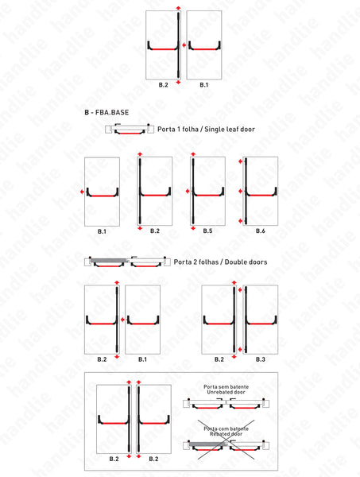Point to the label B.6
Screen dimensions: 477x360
pyautogui.click(x=260, y=231)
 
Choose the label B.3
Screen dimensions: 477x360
pyautogui.click(x=259, y=359)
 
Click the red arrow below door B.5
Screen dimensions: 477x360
pyautogui.click(x=192, y=227)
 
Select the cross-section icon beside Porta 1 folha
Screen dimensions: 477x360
pyautogui.click(x=129, y=130)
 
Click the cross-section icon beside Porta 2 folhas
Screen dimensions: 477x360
pyautogui.click(x=127, y=262)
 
